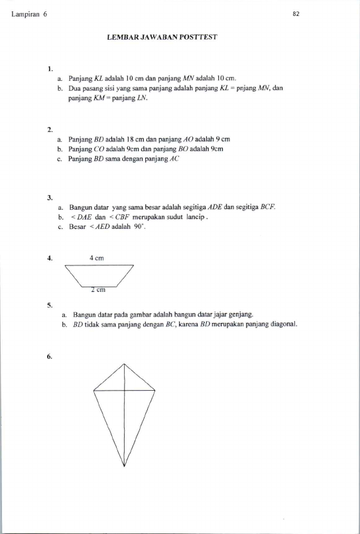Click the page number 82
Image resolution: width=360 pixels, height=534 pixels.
(296, 14)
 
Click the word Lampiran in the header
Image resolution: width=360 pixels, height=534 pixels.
(25, 15)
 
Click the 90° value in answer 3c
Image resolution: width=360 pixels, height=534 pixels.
(139, 227)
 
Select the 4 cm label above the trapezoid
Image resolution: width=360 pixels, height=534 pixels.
(97, 258)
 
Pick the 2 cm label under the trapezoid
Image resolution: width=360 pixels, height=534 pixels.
(98, 290)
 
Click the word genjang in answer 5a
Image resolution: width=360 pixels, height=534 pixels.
(241, 314)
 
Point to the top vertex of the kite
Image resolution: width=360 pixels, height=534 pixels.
(124, 364)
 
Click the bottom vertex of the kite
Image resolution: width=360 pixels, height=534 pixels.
(124, 466)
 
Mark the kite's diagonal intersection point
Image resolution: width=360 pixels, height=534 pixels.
(124, 391)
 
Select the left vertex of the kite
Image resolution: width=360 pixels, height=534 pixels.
(93, 390)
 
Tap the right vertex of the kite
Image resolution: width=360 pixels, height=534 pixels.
(155, 391)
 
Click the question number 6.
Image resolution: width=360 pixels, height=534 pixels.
(50, 357)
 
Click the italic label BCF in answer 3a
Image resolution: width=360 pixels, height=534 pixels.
(268, 207)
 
